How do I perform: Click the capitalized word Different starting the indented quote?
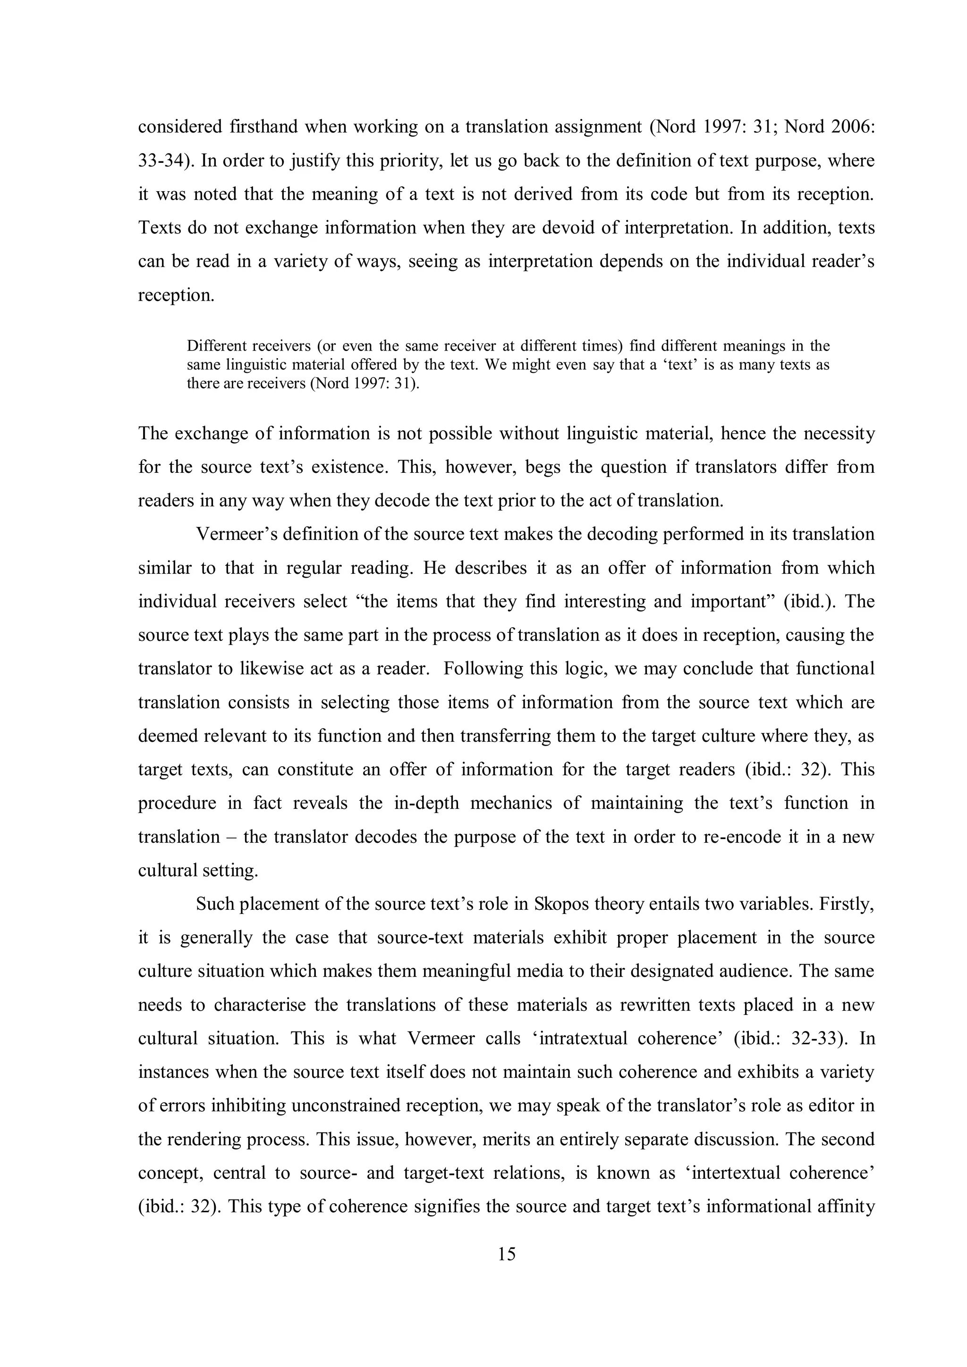(216, 346)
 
